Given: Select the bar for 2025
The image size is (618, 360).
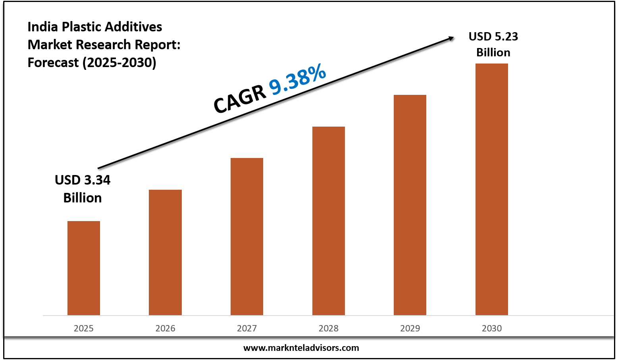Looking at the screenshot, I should click(84, 268).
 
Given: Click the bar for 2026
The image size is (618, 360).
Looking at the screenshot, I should click(165, 252).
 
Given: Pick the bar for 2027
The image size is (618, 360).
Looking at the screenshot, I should click(247, 237).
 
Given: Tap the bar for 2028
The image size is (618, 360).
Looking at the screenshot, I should click(329, 221).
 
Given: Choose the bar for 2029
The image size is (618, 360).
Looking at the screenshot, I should click(410, 205).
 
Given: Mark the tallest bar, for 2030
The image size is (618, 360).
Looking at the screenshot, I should click(492, 189).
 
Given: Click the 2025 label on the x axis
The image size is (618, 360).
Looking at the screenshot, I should click(84, 328).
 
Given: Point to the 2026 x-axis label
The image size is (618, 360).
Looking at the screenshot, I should click(165, 328).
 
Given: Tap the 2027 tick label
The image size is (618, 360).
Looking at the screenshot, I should click(247, 328).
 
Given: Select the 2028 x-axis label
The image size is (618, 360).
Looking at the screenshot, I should click(329, 328).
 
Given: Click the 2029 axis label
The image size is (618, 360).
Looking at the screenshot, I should click(410, 328).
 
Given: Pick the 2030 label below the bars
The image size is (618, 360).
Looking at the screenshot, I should click(492, 328).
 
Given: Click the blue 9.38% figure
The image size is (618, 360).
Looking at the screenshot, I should click(298, 80).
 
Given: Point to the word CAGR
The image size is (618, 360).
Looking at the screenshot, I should click(239, 100).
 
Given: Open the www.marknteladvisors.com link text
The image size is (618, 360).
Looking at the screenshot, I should click(301, 348).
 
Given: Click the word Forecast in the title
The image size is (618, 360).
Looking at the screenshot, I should click(53, 62).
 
